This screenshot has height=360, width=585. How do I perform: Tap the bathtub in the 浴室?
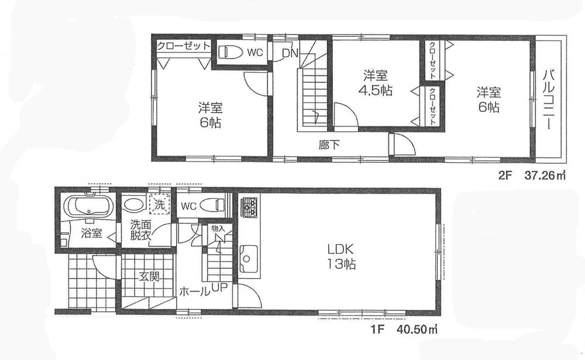[88, 208]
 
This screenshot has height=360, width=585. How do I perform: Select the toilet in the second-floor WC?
[230, 52]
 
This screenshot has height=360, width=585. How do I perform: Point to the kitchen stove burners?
[250, 207]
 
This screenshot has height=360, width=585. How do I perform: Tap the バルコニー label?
[549, 100]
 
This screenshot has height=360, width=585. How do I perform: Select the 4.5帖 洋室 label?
[375, 84]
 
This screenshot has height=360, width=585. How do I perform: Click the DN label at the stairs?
[290, 53]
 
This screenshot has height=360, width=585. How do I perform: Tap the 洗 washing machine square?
[159, 205]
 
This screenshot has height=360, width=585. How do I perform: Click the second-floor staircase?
[309, 97]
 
